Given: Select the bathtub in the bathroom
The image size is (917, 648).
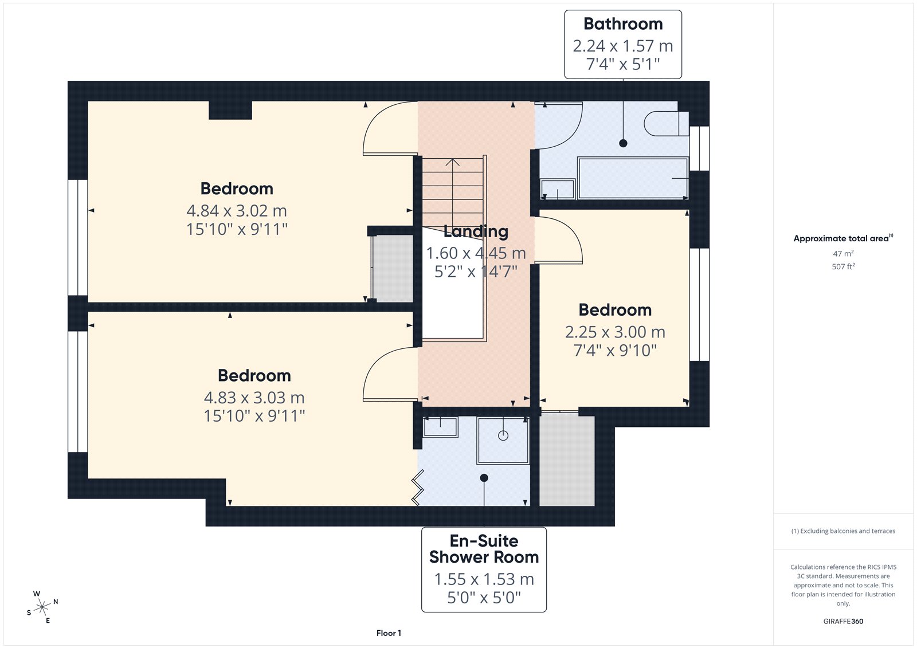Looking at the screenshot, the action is click(x=633, y=179).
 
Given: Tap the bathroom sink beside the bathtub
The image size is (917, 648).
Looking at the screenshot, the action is click(x=558, y=189).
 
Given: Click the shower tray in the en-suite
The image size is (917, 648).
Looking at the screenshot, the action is click(x=503, y=441).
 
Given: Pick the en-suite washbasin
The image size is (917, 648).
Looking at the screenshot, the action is click(x=440, y=427).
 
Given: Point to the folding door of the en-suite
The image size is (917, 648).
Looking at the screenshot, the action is click(x=418, y=488).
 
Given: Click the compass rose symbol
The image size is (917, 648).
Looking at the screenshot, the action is click(x=42, y=607).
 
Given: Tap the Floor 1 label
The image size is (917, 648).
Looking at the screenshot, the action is click(x=389, y=633).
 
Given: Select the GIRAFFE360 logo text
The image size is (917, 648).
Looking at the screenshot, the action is click(x=843, y=621).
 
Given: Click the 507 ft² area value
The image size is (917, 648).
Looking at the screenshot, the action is click(x=843, y=266).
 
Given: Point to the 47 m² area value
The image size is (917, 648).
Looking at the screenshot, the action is click(x=843, y=253).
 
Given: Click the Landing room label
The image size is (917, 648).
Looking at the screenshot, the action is click(x=476, y=231).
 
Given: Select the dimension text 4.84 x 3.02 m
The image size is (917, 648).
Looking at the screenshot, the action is click(x=237, y=211).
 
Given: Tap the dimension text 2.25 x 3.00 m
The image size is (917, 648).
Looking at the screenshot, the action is click(x=615, y=332).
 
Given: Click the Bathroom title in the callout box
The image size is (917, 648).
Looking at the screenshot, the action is click(x=622, y=23).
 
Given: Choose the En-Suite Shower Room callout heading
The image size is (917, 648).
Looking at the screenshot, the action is click(x=484, y=549).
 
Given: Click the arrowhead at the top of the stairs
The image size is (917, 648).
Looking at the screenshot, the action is click(x=452, y=162).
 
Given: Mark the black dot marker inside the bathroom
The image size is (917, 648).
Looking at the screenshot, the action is click(x=623, y=143).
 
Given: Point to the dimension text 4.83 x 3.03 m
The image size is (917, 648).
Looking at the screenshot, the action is click(x=254, y=398).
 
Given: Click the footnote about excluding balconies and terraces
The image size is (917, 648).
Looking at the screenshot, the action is click(x=843, y=531).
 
